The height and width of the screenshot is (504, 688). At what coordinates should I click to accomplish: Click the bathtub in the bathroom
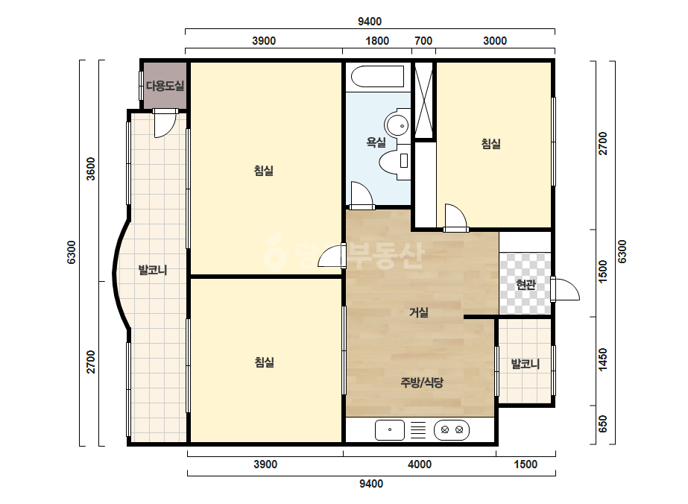coord(377,77)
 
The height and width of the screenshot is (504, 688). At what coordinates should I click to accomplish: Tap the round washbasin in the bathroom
coord(397,125)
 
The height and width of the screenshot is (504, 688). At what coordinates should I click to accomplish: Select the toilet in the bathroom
coord(394,161)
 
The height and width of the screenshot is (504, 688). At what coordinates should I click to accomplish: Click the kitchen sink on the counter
coord(390,429)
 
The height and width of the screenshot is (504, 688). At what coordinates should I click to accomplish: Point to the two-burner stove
coord(452,429)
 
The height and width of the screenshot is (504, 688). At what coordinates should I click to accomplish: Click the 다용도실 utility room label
coord(165,86)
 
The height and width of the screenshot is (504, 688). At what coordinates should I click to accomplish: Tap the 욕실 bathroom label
coord(376,142)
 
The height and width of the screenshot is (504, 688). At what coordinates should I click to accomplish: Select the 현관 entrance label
coord(526,285)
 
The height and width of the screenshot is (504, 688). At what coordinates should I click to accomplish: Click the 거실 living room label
coord(419,312)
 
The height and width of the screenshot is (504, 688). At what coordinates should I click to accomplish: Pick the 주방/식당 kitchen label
coord(422,382)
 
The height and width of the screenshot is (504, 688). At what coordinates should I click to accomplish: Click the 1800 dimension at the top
coord(377,41)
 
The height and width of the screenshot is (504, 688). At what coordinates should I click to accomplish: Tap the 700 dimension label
coord(423,41)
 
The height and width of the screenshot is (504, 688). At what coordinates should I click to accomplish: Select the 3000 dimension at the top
coord(495,41)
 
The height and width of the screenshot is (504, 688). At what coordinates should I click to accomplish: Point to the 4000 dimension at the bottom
coord(420,464)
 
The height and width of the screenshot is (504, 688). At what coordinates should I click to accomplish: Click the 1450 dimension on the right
coord(603,359)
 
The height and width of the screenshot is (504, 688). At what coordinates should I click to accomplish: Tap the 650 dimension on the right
coord(603,423)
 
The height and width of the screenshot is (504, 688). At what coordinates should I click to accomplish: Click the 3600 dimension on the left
coord(90,169)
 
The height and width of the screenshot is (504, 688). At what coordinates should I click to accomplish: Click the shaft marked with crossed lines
coord(424,101)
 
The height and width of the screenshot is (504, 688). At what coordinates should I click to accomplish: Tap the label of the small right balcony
coord(526,364)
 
